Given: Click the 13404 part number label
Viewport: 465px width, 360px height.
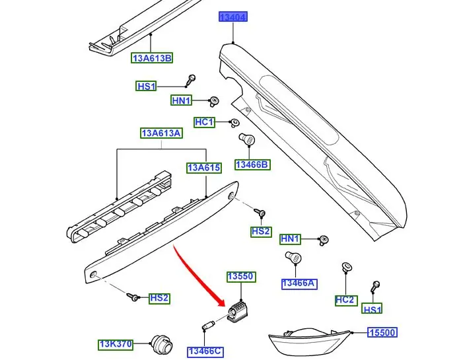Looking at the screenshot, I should [x=233, y=17].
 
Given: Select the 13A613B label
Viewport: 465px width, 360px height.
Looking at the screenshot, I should [x=152, y=58].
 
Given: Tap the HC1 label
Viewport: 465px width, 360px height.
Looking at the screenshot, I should [x=204, y=122].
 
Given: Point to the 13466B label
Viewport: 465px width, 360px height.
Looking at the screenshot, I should [x=252, y=164].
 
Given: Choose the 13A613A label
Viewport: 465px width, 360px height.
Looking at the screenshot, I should [x=161, y=133].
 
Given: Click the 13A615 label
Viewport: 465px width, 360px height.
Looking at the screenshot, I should [x=203, y=168].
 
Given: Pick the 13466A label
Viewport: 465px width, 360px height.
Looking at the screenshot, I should [x=299, y=283].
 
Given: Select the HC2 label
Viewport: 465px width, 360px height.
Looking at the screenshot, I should [x=345, y=300].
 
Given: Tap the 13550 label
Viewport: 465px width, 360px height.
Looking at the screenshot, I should [x=240, y=276].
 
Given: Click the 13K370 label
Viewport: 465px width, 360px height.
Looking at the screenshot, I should [x=116, y=344].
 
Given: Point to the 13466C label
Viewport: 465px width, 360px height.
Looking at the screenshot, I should [x=204, y=351].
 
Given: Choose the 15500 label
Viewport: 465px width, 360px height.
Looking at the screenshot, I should [x=382, y=334].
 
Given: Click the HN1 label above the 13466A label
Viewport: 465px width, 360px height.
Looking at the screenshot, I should [x=290, y=238].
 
